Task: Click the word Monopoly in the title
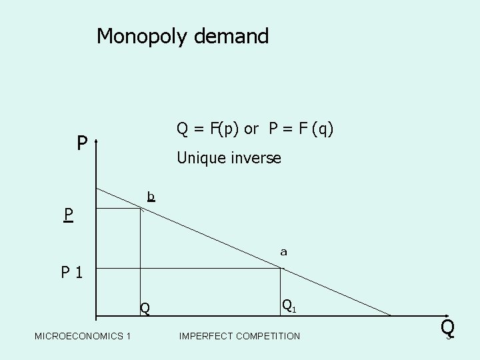[143, 36]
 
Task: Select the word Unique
[199, 159]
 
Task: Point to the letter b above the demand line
[151, 196]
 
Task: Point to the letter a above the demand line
[283, 252]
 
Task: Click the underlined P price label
[68, 215]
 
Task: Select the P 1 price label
[71, 273]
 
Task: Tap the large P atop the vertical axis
[81, 143]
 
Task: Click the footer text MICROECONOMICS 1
[83, 336]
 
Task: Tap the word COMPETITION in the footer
[267, 336]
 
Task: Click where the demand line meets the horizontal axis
[392, 315]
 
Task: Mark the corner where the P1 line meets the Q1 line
[281, 269]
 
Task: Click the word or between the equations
[251, 129]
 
